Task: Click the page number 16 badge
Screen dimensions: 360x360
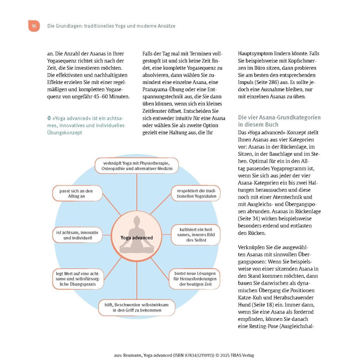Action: [x=34, y=26]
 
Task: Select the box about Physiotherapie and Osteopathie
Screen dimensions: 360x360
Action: [x=137, y=166]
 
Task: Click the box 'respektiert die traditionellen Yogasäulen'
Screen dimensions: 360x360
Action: [x=196, y=194]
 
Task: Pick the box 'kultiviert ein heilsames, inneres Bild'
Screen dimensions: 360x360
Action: [x=196, y=235]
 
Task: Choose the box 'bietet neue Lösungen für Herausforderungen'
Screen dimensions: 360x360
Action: [x=195, y=279]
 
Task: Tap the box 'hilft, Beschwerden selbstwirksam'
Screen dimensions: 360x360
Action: [x=137, y=308]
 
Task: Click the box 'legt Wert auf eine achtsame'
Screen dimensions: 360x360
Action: [x=78, y=279]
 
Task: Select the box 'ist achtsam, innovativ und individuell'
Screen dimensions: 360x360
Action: [x=77, y=235]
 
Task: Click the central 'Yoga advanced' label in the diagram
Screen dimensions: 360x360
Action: [x=137, y=238]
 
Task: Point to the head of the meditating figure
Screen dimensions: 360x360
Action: [x=136, y=221]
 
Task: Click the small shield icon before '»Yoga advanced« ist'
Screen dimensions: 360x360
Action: [x=49, y=118]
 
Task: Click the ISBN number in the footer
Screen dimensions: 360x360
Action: [x=193, y=355]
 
